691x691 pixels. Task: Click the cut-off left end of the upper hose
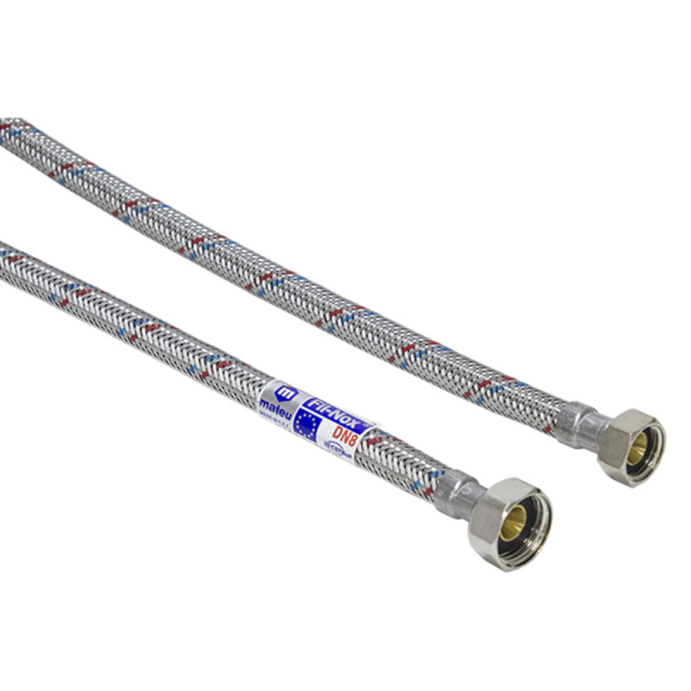point(10,130)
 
